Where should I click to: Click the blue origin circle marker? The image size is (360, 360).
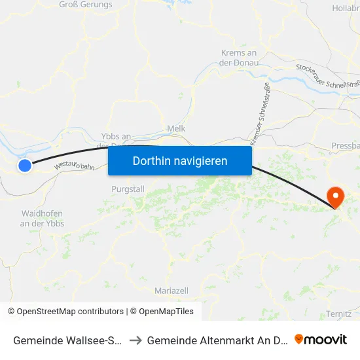point(25,166)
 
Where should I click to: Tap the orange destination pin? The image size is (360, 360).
point(335,196)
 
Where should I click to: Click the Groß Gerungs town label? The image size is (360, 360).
point(86,5)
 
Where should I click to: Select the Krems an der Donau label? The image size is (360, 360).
point(240,58)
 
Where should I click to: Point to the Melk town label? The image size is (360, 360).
point(177,129)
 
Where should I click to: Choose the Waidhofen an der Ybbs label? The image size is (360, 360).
point(43,219)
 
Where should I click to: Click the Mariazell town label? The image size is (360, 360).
point(171,290)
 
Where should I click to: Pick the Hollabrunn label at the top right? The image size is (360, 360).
point(346,8)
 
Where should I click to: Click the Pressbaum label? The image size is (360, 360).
point(346,145)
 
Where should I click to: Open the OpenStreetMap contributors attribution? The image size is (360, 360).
point(65,312)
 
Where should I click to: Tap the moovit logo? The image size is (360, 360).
point(321,340)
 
